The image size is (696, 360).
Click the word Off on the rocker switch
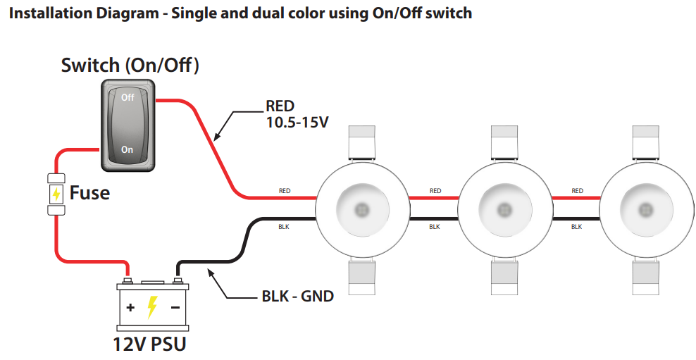[x=128, y=97]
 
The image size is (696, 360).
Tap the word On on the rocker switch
[x=128, y=149]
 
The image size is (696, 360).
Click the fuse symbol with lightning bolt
[x=56, y=192]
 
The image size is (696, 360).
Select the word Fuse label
[x=89, y=192]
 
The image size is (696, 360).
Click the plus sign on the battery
[x=130, y=308]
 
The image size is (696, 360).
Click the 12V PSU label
[x=150, y=344]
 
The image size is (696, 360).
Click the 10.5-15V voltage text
[x=297, y=123]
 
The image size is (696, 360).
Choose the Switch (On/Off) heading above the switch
[x=130, y=66]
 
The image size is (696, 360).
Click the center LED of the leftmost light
[x=361, y=209]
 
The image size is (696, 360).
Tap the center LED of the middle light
[x=504, y=209]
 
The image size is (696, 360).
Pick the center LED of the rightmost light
[x=646, y=209]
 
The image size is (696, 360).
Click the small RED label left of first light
[x=285, y=191]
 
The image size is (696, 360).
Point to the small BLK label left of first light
[x=284, y=226]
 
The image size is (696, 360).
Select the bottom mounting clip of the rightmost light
[x=646, y=276]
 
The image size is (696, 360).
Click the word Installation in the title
[x=46, y=13]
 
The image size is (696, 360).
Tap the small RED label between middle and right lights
[x=578, y=191]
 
